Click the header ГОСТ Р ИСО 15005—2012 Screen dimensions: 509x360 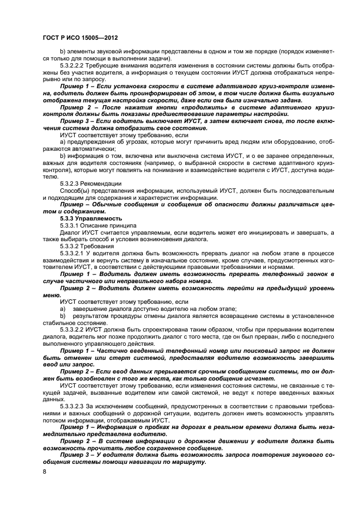(80, 38)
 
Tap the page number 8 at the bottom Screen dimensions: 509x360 (45, 471)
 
